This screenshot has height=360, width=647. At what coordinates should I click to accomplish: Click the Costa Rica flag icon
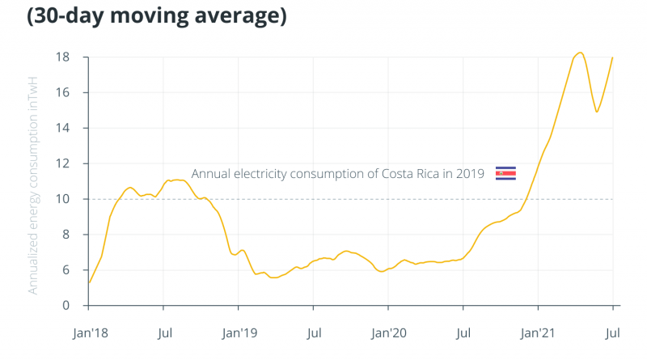pos(505,173)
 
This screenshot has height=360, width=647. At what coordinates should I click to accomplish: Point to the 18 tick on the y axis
pos(62,57)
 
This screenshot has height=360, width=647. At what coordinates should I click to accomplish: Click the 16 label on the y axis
pos(62,93)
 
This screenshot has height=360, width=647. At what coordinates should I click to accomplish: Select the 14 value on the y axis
pos(62,129)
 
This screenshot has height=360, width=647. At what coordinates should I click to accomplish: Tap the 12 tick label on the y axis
pos(62,163)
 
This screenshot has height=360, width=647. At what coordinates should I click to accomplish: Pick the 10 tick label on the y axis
pos(62,199)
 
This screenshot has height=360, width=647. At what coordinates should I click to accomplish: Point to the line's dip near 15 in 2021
pos(597,112)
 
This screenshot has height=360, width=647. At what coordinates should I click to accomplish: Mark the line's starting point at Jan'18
pos(89,282)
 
